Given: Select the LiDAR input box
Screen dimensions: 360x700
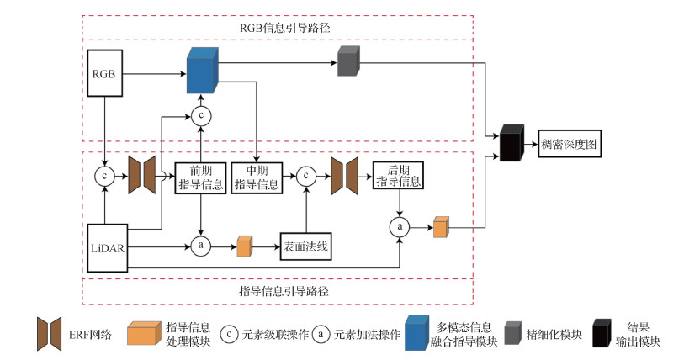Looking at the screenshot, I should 106,248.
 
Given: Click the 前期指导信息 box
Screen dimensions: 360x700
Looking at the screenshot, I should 199,177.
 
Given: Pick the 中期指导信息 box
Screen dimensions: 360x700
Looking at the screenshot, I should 256,177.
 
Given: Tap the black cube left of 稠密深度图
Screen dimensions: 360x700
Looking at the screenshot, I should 511,143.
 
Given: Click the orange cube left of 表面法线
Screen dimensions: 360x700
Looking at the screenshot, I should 245,246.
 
